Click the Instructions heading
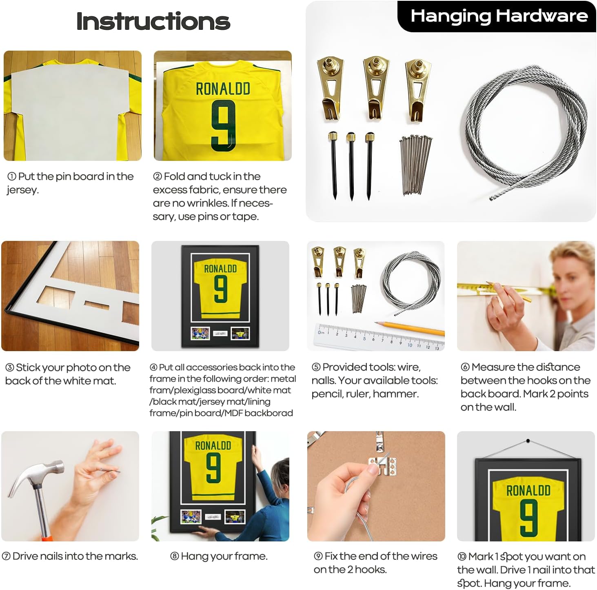pyautogui.click(x=153, y=21)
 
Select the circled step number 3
pyautogui.click(x=10, y=368)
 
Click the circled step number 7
pyautogui.click(x=6, y=556)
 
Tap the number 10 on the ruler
pyautogui.click(x=410, y=345)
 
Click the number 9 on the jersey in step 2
pyautogui.click(x=223, y=126)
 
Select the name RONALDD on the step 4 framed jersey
pyautogui.click(x=220, y=269)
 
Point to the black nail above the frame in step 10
pyautogui.click(x=528, y=441)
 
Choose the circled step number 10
pyautogui.click(x=462, y=557)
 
